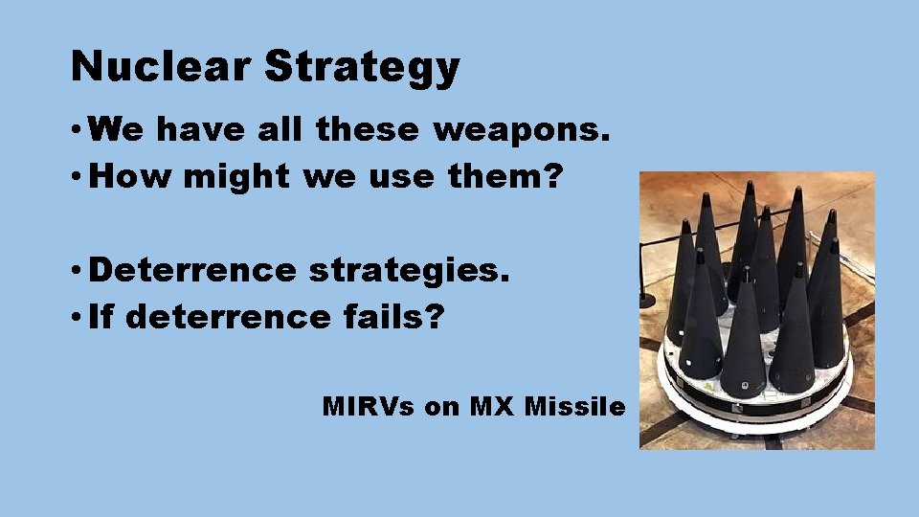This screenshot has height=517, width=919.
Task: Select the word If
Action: pyautogui.click(x=100, y=318)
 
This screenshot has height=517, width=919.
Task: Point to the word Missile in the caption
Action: pyautogui.click(x=572, y=407)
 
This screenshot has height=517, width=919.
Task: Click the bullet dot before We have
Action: pyautogui.click(x=76, y=129)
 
